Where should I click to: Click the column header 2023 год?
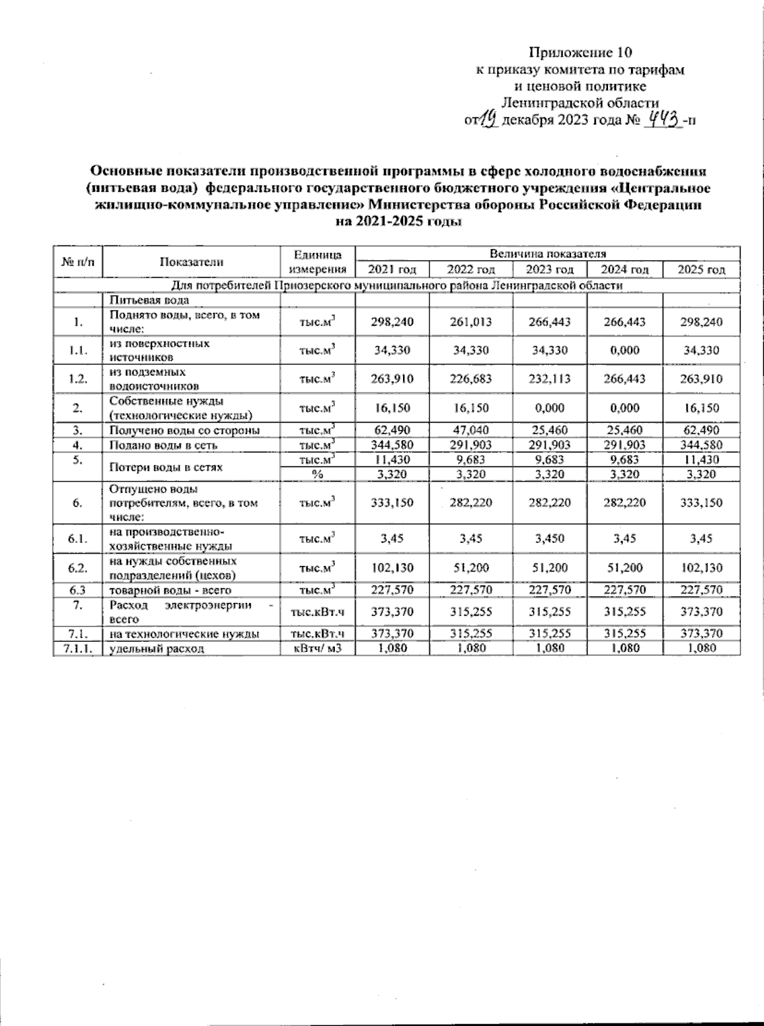click(549, 270)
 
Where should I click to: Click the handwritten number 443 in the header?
click(663, 119)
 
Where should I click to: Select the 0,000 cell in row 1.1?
click(624, 350)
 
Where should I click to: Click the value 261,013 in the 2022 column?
click(470, 322)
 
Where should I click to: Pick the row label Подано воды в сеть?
click(164, 445)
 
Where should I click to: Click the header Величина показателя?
click(548, 254)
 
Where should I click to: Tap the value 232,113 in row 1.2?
click(549, 379)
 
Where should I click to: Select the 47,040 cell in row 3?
click(470, 430)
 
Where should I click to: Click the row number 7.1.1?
click(78, 648)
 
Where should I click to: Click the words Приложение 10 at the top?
click(580, 52)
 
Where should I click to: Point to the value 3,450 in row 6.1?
click(549, 538)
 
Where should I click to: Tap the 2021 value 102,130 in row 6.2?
click(392, 568)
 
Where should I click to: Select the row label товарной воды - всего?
click(170, 590)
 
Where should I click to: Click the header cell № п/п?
click(78, 261)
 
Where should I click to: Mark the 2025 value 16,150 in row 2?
click(701, 408)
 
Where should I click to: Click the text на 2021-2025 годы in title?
click(398, 222)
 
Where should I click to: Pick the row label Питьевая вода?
click(149, 300)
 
